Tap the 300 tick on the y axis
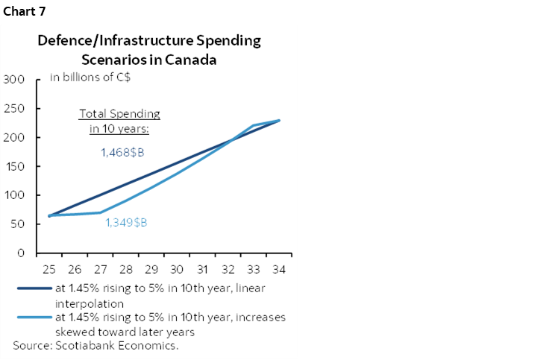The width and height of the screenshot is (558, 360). [x=16, y=80]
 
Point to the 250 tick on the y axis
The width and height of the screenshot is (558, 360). [x=16, y=109]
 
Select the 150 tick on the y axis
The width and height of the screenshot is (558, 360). [x=16, y=167]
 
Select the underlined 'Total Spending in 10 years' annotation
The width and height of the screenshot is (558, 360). [x=119, y=121]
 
